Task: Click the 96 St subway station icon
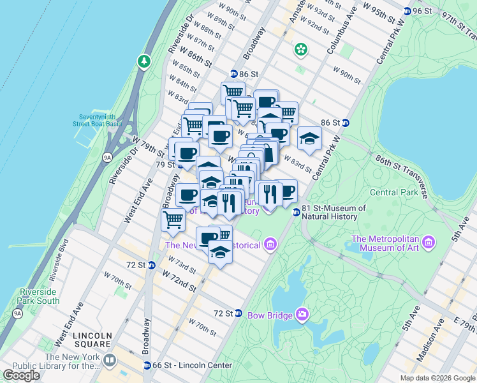tap(407, 11)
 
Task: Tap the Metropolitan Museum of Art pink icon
tap(429, 243)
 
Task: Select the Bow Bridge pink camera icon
tap(302, 314)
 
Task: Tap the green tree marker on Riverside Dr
tap(144, 62)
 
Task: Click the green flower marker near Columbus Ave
tap(300, 49)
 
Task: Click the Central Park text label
tap(394, 192)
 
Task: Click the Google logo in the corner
tap(21, 375)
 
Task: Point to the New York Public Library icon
tap(110, 361)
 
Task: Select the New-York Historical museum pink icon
tap(270, 244)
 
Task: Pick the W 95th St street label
tap(382, 8)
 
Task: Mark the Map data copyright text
tap(437, 378)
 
